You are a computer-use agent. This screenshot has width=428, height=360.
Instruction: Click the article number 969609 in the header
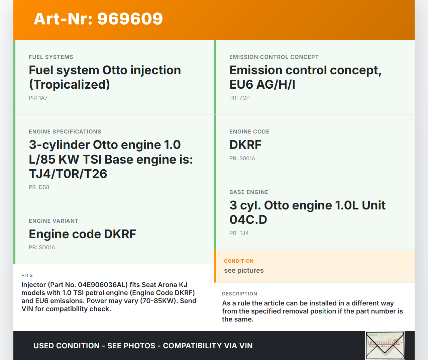pos(130,19)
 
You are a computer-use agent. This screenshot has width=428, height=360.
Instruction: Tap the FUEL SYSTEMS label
pos(51,57)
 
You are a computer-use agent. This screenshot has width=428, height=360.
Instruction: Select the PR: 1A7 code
pos(38,98)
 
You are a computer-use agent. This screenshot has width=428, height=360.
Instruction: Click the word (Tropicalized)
pos(70,85)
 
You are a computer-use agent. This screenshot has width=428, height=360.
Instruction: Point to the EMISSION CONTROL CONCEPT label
pos(274,57)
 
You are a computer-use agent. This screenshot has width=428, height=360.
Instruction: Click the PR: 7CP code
pos(239,98)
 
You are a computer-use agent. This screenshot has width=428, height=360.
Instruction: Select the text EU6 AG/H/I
pos(262,85)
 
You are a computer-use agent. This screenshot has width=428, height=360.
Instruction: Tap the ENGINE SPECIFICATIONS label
pos(65,132)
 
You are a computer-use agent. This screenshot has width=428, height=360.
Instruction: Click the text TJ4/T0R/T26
pos(68,174)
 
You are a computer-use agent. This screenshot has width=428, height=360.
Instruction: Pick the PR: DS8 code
pos(39,187)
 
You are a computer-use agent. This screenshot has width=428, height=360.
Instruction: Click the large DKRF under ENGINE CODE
pos(245,145)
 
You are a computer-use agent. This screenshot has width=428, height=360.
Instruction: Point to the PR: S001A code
pos(242,159)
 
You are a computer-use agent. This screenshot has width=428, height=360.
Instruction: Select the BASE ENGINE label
pos(249,192)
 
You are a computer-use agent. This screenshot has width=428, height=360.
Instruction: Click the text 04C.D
pos(248,220)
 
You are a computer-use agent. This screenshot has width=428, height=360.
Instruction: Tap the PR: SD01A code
pos(42,248)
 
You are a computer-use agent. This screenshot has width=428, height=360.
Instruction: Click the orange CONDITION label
pos(239,261)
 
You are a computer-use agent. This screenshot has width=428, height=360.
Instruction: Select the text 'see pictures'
pos(244,271)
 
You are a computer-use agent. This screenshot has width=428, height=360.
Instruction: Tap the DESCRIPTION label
pos(239,294)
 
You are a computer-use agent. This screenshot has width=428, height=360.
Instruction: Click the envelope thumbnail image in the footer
pos(385,346)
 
